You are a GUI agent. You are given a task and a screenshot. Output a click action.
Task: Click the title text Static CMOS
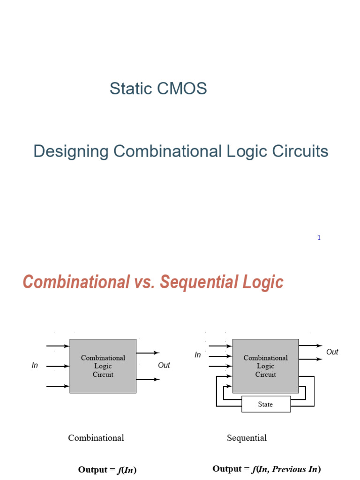[158, 89]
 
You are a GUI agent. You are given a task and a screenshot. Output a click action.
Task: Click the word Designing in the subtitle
[71, 151]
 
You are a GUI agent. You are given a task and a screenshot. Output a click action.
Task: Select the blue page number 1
[319, 238]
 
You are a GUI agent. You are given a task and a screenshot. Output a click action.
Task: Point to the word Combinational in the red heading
[76, 282]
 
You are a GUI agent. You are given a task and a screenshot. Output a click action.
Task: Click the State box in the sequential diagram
[265, 404]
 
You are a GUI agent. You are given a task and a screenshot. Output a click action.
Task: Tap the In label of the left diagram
[35, 366]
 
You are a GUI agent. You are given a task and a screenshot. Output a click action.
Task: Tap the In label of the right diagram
[198, 355]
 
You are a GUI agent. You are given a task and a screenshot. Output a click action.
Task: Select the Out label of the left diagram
[164, 366]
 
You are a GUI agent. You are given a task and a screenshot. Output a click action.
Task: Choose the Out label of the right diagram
[332, 352]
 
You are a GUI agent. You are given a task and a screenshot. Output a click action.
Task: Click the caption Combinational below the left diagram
[96, 438]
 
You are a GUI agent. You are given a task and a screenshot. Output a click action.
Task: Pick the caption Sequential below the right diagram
[247, 438]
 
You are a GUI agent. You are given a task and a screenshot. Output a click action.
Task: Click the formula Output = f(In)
[107, 470]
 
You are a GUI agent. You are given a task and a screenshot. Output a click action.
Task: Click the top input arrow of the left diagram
[58, 346]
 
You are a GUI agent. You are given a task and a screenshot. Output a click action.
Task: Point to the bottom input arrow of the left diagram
[58, 386]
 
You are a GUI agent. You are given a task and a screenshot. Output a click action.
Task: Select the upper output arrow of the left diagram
[148, 352]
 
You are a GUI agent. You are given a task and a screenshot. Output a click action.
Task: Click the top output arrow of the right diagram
[310, 345]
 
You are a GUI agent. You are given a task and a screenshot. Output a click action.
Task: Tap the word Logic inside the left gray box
[103, 366]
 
